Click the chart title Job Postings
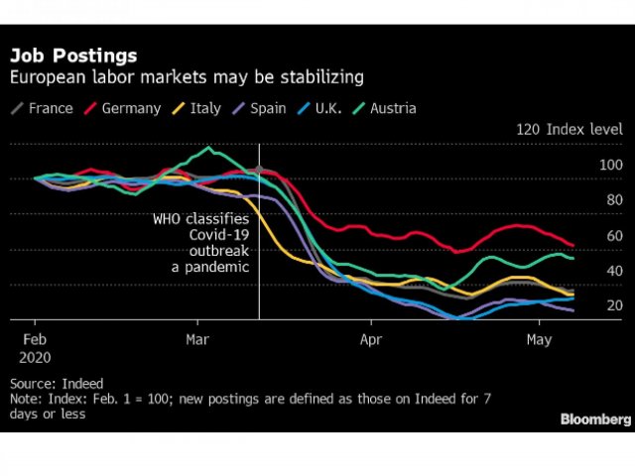point(73,57)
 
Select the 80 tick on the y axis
point(614,200)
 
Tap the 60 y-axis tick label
point(614,236)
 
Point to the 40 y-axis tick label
point(614,271)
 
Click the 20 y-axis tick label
point(614,305)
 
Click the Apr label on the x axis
point(370,338)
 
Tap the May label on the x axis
point(539,338)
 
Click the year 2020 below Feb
point(34,355)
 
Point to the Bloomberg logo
point(594,418)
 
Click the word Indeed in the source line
point(83,383)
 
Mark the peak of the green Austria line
point(208,149)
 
